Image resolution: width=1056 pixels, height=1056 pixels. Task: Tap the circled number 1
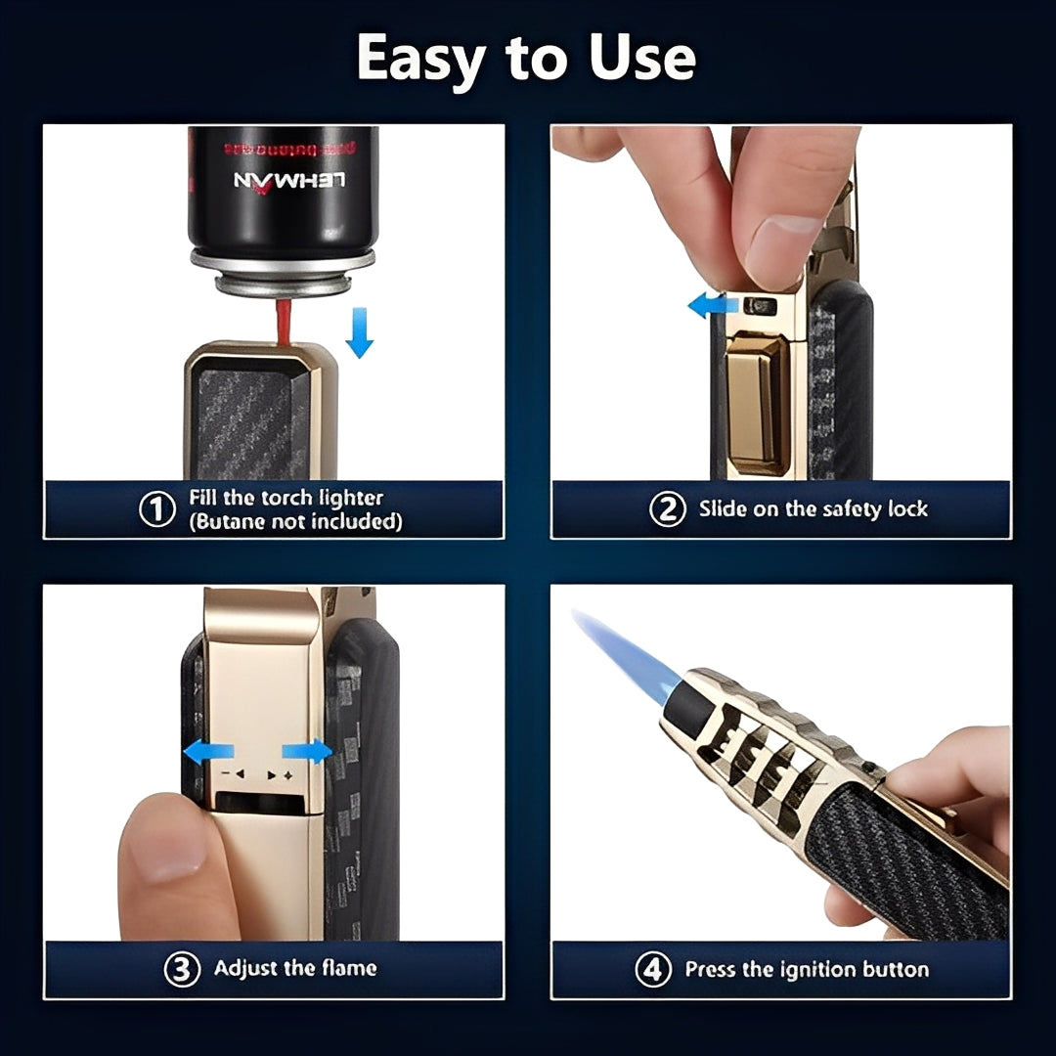[x=157, y=509]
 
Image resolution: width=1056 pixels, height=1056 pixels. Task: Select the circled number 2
[x=668, y=509]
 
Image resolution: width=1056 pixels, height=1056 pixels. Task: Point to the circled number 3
[x=183, y=970]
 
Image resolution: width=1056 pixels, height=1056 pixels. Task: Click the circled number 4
[x=653, y=970]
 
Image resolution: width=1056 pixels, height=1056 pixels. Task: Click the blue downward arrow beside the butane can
[x=360, y=333]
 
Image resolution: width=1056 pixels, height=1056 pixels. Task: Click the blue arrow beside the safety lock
[x=712, y=306]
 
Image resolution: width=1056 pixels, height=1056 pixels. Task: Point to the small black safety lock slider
[x=758, y=306]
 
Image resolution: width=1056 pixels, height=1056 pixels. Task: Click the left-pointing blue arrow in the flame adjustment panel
[x=209, y=752]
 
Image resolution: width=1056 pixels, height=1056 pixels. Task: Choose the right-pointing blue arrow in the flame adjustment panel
[x=306, y=752]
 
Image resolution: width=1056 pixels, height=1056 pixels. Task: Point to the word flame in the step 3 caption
[x=347, y=969]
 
